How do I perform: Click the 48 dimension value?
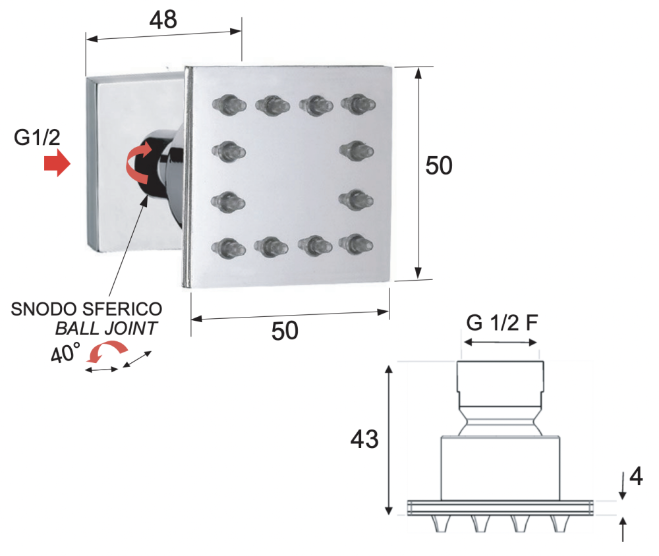click(x=163, y=20)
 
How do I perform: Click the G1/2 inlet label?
click(x=37, y=138)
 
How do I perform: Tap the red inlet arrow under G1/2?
click(x=57, y=163)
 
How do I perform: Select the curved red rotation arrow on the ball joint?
click(x=138, y=163)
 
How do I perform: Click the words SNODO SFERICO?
click(x=86, y=310)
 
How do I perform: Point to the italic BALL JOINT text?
click(x=106, y=328)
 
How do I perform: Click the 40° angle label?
click(x=65, y=352)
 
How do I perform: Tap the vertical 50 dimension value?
click(x=439, y=165)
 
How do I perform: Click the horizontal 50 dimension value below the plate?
click(x=285, y=331)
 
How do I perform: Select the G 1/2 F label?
click(x=501, y=323)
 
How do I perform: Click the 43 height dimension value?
click(x=364, y=439)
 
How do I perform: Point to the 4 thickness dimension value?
click(x=636, y=476)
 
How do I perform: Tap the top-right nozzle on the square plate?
click(x=358, y=104)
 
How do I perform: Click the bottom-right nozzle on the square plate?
click(x=356, y=244)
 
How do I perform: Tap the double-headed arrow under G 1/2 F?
click(x=500, y=343)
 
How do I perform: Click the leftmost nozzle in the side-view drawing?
click(x=440, y=524)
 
